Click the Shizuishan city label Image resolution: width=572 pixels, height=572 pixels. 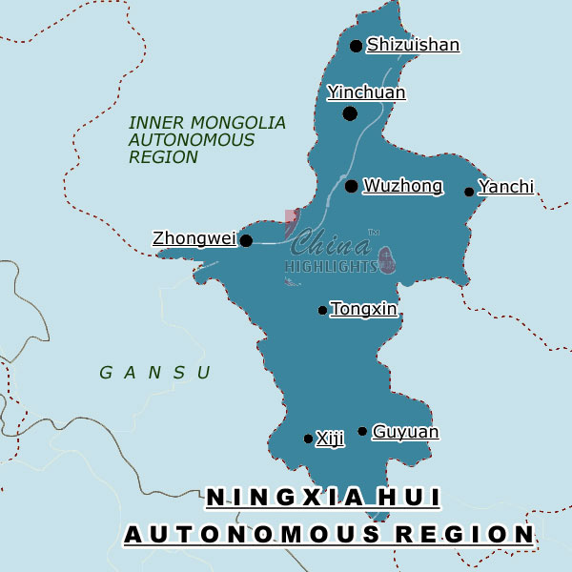click(x=413, y=45)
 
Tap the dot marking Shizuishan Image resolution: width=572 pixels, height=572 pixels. click(x=357, y=46)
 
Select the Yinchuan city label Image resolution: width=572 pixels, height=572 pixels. click(x=366, y=92)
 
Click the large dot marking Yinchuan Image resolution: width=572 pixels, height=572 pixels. click(x=350, y=113)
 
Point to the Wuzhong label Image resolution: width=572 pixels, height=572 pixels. click(x=403, y=186)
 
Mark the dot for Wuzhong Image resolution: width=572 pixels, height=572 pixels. click(x=352, y=186)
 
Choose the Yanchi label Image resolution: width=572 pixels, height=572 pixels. click(x=506, y=187)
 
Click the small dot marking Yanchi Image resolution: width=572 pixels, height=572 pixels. click(x=469, y=192)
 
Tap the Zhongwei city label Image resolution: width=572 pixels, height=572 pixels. click(x=194, y=238)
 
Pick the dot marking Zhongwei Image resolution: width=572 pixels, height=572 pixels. click(x=246, y=240)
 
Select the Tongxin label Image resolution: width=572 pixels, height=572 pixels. click(x=363, y=309)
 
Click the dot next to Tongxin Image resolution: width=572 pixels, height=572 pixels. click(x=322, y=310)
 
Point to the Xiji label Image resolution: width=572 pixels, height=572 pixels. click(x=330, y=439)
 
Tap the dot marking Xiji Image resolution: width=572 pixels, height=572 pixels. click(x=307, y=439)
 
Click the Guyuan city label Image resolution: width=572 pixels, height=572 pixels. click(x=405, y=432)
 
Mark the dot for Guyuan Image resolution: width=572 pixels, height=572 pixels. click(x=362, y=432)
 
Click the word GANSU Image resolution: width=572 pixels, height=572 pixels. click(x=155, y=373)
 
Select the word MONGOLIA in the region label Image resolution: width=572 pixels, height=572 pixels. click(x=237, y=123)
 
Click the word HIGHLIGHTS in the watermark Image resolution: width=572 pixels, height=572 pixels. click(x=332, y=266)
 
